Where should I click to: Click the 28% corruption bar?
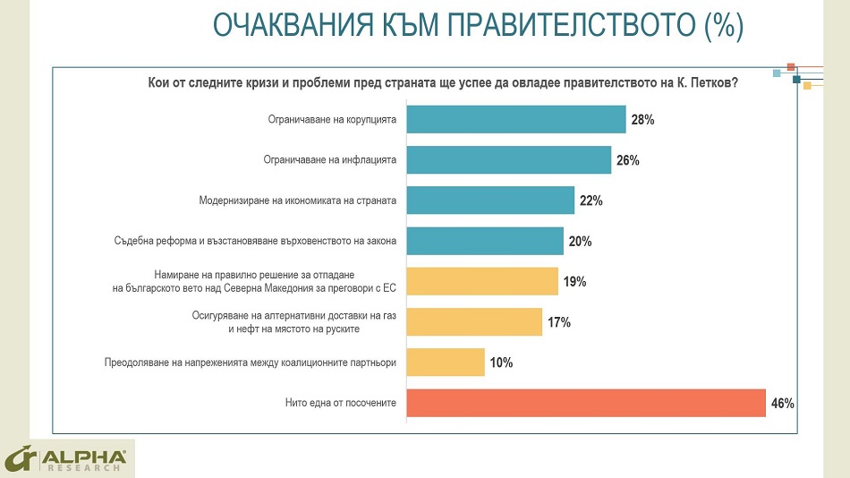point(516,119)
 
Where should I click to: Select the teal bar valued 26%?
point(509,160)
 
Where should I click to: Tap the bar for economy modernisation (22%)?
point(490,201)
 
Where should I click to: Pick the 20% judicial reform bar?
point(485,241)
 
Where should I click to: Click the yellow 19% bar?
point(482,281)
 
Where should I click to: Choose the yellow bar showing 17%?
point(474,322)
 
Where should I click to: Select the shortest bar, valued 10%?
point(446,363)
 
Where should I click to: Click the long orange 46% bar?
point(586,403)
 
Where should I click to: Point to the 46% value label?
point(782,404)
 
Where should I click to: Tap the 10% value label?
point(501,363)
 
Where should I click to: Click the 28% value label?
point(642,120)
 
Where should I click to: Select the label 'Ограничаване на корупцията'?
point(332,119)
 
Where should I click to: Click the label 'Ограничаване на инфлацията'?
point(329,160)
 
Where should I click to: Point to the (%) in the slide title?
point(723,26)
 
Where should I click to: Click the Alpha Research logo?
point(67,458)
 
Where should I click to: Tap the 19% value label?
point(574,282)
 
